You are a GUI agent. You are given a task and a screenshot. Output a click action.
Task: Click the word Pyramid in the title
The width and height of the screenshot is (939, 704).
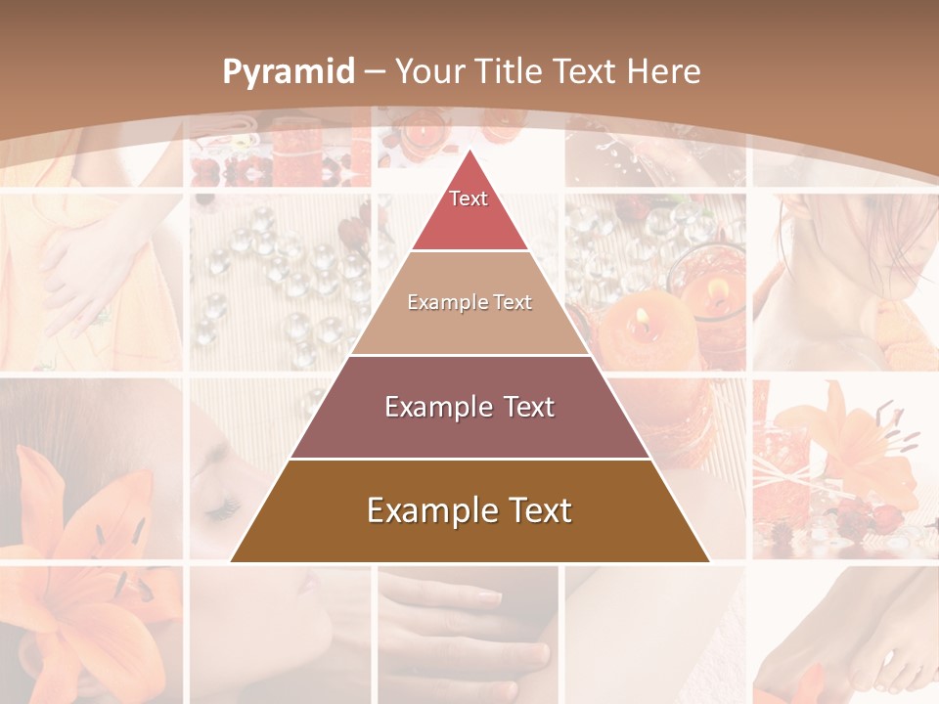288,72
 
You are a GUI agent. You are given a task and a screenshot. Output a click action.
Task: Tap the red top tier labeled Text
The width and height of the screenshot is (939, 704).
469,208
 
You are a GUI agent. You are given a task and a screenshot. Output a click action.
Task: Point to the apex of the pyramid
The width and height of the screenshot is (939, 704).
469,151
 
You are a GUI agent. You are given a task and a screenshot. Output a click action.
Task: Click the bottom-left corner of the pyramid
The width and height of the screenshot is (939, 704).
232,561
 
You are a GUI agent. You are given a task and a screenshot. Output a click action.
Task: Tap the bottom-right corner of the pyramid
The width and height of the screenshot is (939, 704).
709,561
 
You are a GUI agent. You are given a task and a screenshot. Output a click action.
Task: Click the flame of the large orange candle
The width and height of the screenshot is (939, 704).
642,316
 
